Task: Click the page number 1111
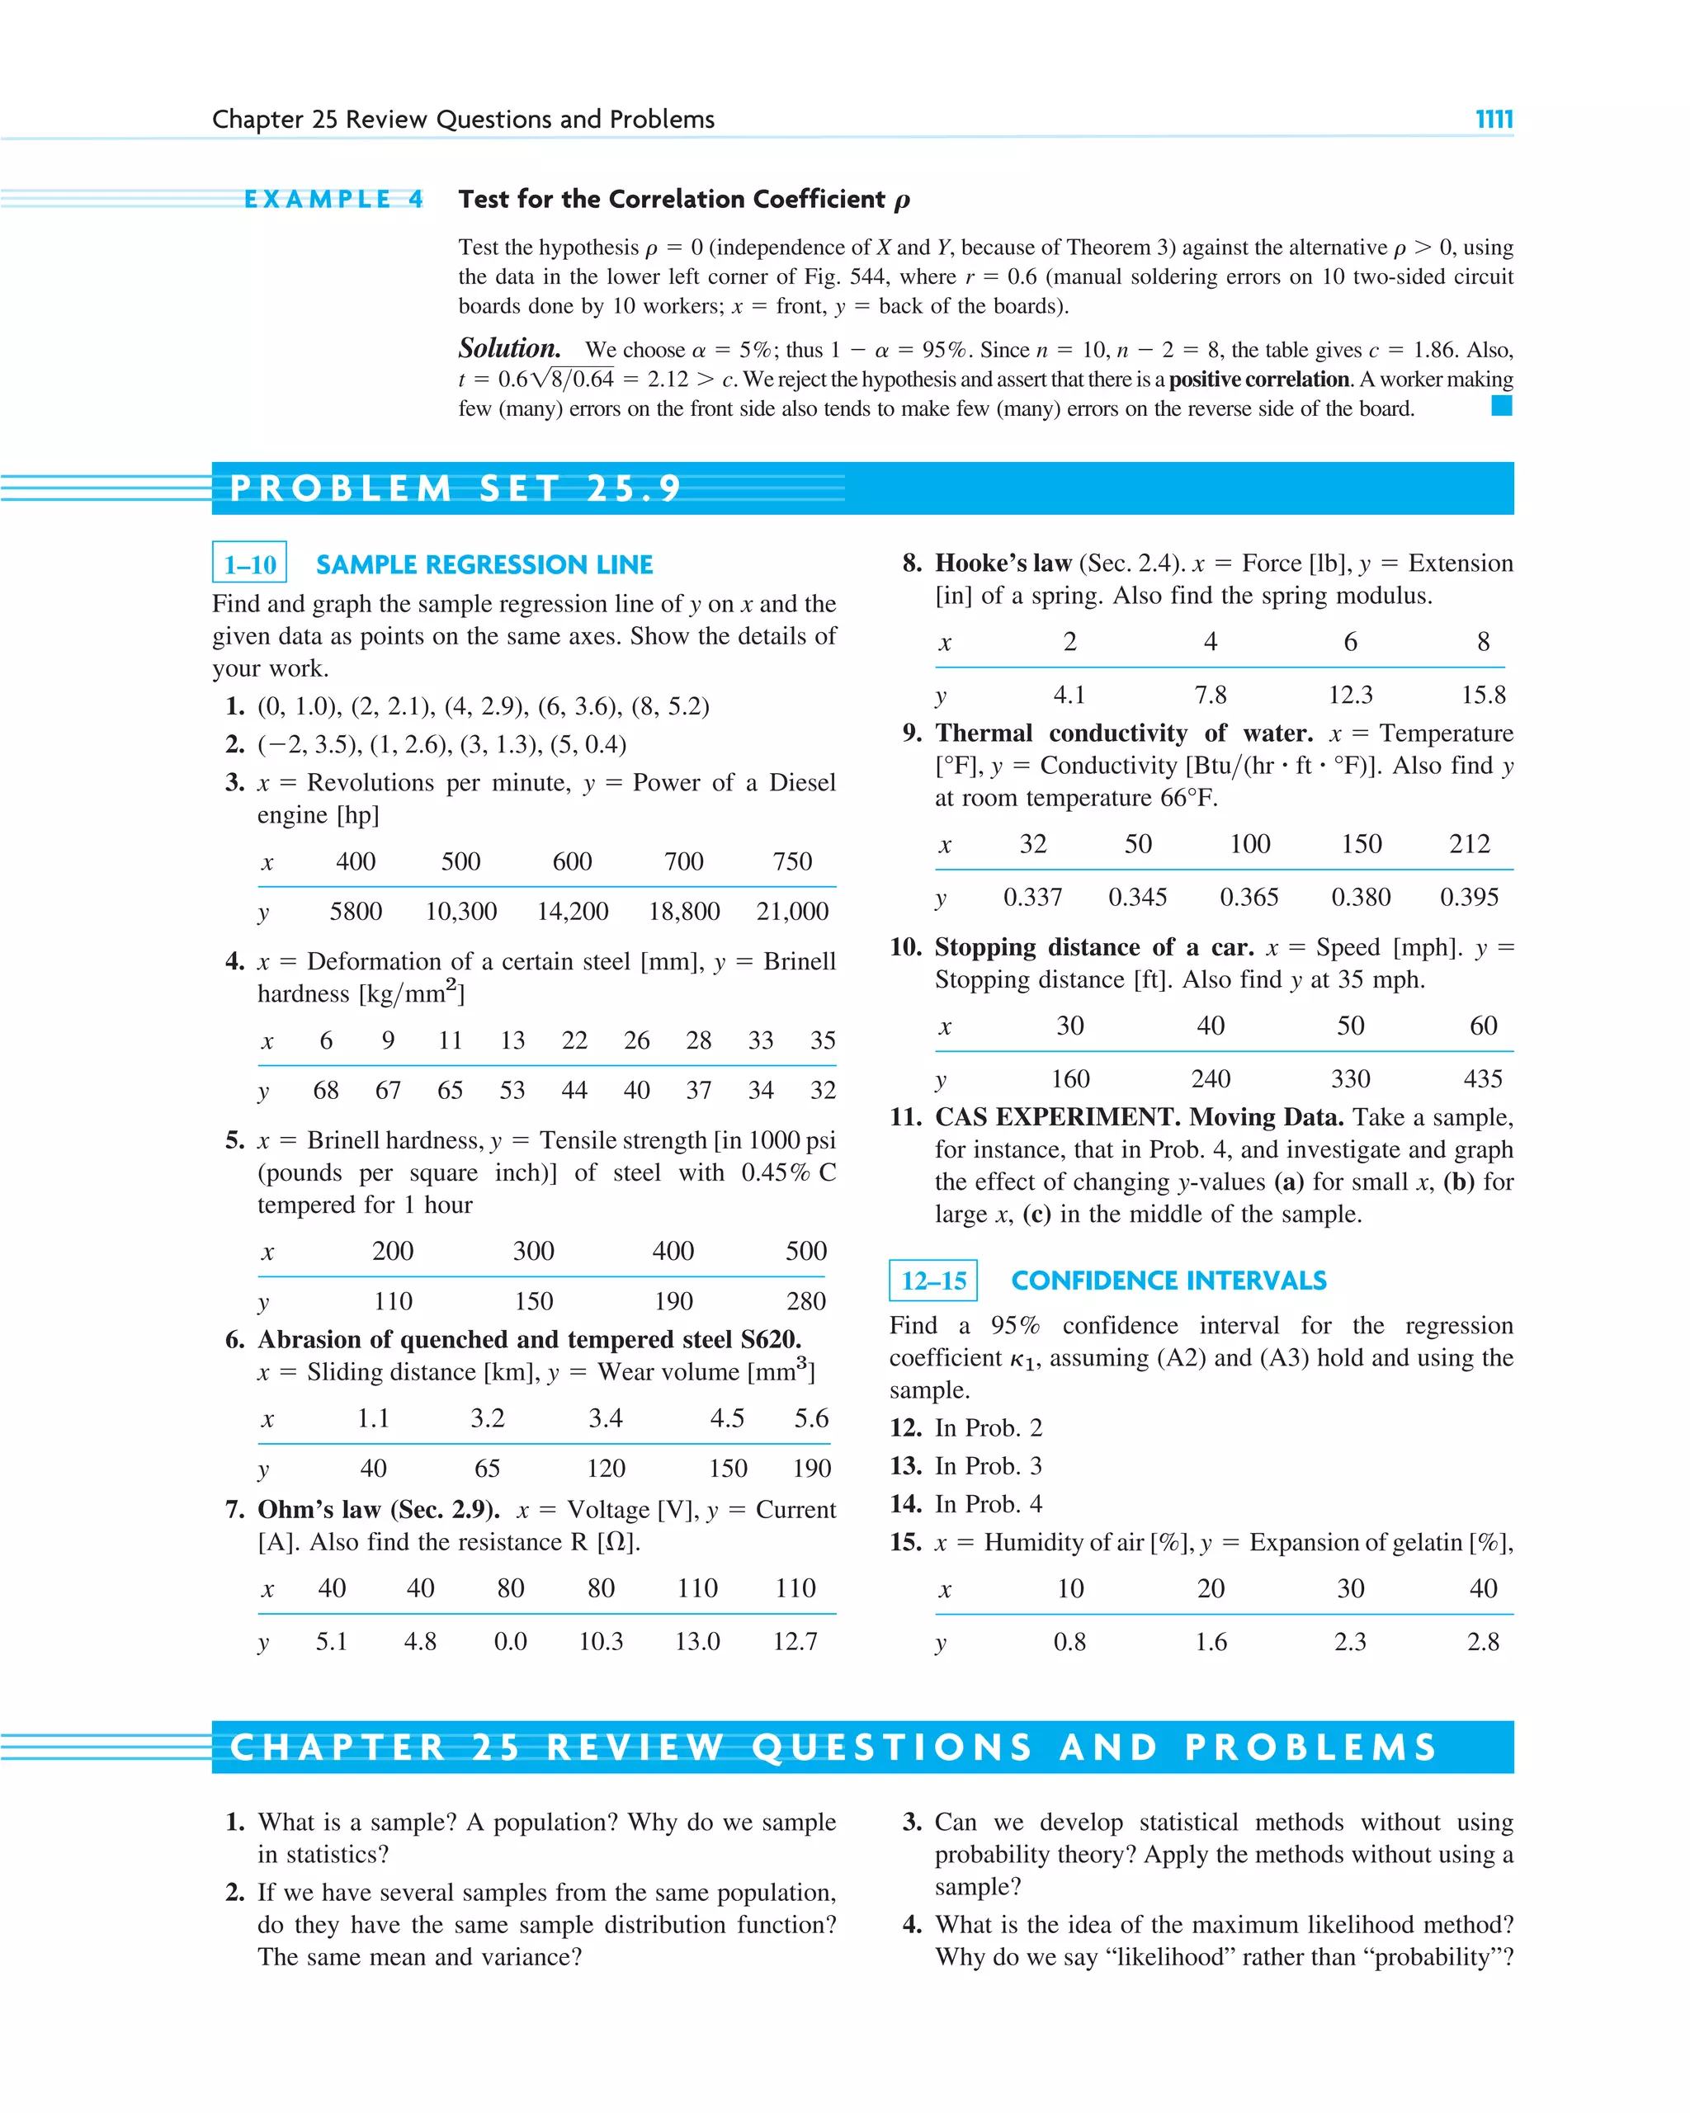click(x=1493, y=120)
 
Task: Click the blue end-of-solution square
click(x=1501, y=406)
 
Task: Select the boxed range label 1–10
click(x=250, y=564)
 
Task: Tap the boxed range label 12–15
click(x=933, y=1280)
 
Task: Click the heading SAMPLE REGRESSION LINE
click(x=484, y=564)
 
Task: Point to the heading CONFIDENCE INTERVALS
click(x=1168, y=1280)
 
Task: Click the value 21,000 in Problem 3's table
click(x=792, y=912)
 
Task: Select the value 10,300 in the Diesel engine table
click(x=460, y=912)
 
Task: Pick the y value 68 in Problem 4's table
click(x=325, y=1090)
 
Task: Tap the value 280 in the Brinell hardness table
click(x=805, y=1300)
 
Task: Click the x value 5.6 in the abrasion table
click(x=810, y=1418)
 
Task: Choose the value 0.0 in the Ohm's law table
click(x=510, y=1642)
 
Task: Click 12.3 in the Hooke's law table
click(x=1350, y=695)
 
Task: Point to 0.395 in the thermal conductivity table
click(x=1469, y=897)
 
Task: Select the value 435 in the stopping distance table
click(x=1482, y=1079)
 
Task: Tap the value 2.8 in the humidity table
click(x=1482, y=1642)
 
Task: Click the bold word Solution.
click(x=509, y=349)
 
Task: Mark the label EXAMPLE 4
click(x=333, y=200)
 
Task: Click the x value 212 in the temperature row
click(x=1469, y=844)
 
